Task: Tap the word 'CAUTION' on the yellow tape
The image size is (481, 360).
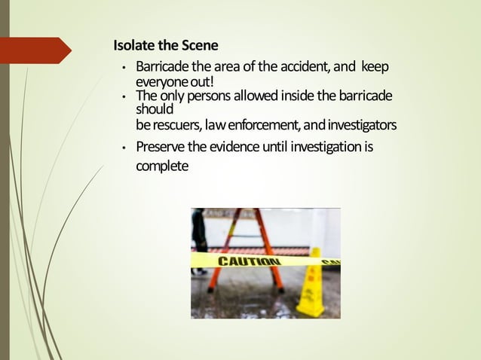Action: pyautogui.click(x=249, y=261)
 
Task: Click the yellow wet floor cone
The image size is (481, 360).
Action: pyautogui.click(x=310, y=285)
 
